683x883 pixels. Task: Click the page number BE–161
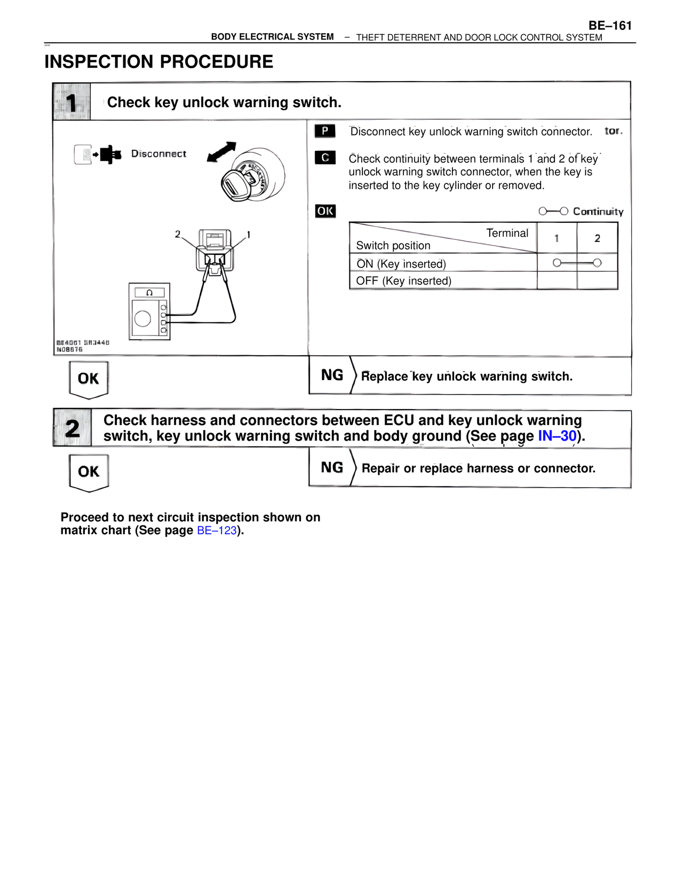click(x=610, y=26)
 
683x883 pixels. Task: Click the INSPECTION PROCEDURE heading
click(x=158, y=62)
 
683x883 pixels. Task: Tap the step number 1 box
click(x=72, y=102)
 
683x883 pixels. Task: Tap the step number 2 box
click(x=72, y=428)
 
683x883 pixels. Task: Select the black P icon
click(x=324, y=131)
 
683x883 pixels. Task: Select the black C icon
click(x=325, y=158)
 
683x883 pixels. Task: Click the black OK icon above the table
click(x=325, y=211)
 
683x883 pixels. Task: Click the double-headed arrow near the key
click(x=221, y=151)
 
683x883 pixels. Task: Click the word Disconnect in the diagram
click(x=158, y=154)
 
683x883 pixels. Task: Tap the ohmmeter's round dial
click(x=142, y=319)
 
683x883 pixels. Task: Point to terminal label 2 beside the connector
click(x=178, y=234)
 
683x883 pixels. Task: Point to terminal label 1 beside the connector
click(x=249, y=235)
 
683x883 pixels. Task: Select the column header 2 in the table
click(x=597, y=238)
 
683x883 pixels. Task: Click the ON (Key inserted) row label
click(x=401, y=264)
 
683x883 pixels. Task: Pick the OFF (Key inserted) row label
click(x=403, y=281)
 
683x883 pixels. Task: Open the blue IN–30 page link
click(x=557, y=436)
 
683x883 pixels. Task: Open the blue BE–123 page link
click(x=217, y=531)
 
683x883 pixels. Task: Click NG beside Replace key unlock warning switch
click(x=332, y=375)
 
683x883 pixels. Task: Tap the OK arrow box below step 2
click(x=89, y=472)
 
